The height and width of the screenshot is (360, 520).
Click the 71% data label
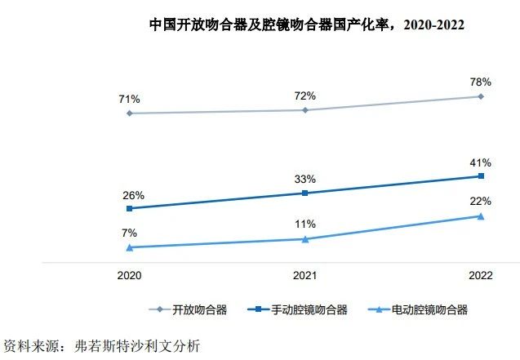click(x=130, y=100)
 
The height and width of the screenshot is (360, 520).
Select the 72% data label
click(x=305, y=96)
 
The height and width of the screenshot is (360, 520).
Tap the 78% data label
click(x=481, y=82)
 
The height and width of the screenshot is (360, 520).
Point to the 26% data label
click(x=134, y=195)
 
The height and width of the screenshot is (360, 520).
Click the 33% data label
click(x=305, y=180)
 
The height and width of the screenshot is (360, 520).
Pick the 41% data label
click(x=481, y=162)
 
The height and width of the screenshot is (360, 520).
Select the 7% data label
click(x=130, y=233)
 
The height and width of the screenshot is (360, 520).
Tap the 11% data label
click(x=305, y=225)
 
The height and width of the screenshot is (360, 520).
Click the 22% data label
click(x=481, y=202)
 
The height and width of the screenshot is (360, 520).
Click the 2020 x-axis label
click(x=130, y=276)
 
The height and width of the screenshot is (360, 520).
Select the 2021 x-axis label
click(x=305, y=276)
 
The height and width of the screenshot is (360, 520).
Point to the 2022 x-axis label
click(x=481, y=276)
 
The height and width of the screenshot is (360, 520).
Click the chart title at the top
click(x=306, y=24)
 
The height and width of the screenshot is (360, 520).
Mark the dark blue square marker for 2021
click(x=305, y=193)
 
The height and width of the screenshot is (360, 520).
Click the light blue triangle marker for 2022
click(x=481, y=216)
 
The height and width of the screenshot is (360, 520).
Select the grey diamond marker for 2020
click(x=130, y=113)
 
